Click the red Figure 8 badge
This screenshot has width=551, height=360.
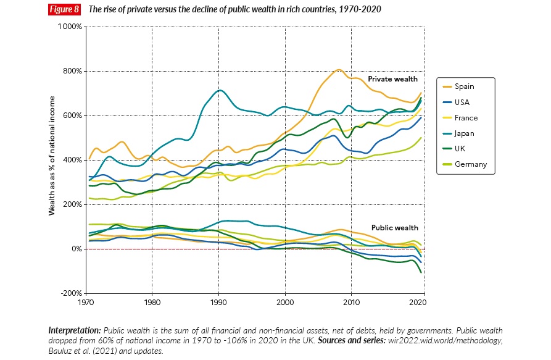point(65,10)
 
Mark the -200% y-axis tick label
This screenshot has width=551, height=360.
point(71,293)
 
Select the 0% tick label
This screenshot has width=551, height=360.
point(76,249)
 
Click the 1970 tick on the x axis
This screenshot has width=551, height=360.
point(85,303)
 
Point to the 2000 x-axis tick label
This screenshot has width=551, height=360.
point(285,303)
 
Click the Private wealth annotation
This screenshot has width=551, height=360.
point(392,79)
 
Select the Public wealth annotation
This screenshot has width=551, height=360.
point(395,227)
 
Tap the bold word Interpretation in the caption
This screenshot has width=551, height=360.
point(75,330)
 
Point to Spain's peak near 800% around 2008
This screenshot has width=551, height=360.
point(338,69)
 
